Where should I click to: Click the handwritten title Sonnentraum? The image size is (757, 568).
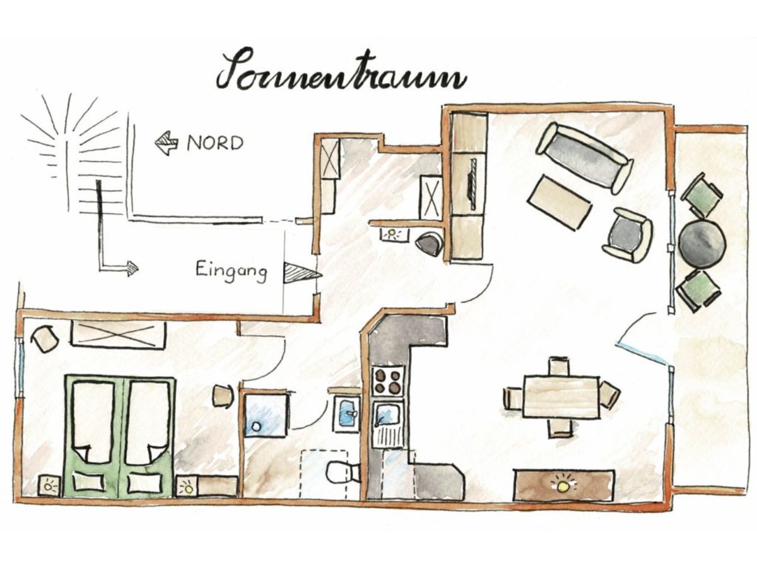341,71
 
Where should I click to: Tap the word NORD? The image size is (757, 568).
215,143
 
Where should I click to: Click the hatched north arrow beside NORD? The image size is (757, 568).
167,143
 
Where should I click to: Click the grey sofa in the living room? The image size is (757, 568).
585,158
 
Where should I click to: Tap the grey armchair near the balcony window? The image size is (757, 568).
628,235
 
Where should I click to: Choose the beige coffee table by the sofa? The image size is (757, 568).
560,202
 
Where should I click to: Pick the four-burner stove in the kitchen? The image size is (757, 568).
387,381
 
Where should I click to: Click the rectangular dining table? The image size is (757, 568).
560,396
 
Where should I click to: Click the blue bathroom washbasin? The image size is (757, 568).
347,413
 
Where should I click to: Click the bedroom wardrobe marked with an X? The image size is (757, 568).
119,334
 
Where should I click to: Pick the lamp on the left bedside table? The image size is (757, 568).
49,486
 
